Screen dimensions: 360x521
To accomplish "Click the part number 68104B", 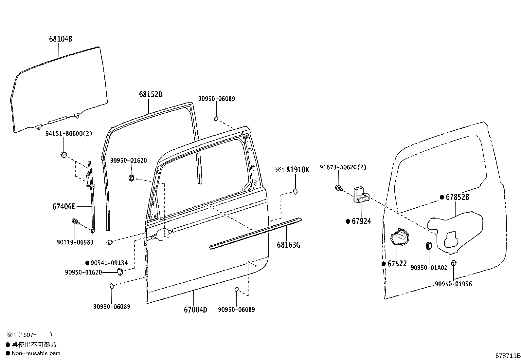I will tap(61, 39).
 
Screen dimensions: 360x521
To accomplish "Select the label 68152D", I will tap(151, 94).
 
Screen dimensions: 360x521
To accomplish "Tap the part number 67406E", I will tap(64, 206).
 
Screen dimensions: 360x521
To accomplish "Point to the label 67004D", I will tap(195, 310).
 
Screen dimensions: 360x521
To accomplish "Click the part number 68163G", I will tap(288, 245).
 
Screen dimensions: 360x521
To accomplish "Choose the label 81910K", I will tap(297, 170).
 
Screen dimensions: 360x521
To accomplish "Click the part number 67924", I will tap(361, 221).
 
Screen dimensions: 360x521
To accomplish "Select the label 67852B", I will tap(457, 197).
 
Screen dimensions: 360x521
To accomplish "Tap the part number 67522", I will tap(397, 264).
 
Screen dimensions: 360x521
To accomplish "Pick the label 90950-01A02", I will tap(429, 268).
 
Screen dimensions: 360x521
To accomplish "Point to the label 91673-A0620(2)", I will tap(343, 167).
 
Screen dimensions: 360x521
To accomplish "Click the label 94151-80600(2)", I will tap(69, 134).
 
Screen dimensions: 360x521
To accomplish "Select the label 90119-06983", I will tap(75, 242).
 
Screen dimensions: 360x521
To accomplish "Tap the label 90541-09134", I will tap(109, 263).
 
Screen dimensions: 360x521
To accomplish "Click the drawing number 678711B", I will tap(508, 356).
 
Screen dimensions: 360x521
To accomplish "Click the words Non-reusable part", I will tap(36, 353).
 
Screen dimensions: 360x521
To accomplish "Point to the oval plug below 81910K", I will tap(296, 191).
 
